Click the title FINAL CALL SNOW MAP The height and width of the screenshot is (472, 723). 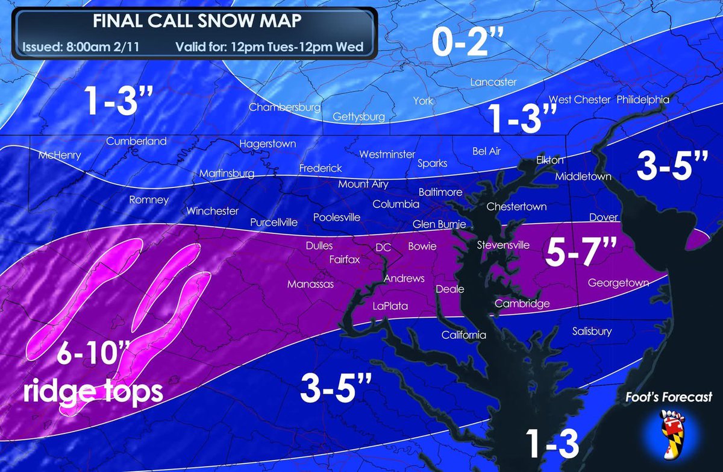point(197,20)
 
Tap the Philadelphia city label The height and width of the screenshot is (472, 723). point(642,99)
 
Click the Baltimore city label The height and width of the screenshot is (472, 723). point(440,192)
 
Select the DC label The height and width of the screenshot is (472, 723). point(383,247)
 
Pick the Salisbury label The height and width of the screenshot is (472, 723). point(592,331)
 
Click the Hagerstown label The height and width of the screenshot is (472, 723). point(268,144)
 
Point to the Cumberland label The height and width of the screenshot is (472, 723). point(136,141)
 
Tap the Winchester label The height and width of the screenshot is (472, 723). point(213,211)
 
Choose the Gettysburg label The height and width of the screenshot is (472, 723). point(358,116)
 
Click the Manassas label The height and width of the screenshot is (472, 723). point(310,284)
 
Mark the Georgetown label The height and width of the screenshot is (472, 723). point(618,282)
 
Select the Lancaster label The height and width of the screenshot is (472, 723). point(493,82)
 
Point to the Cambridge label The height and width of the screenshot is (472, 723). point(522,304)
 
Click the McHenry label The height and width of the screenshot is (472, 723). point(59,155)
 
